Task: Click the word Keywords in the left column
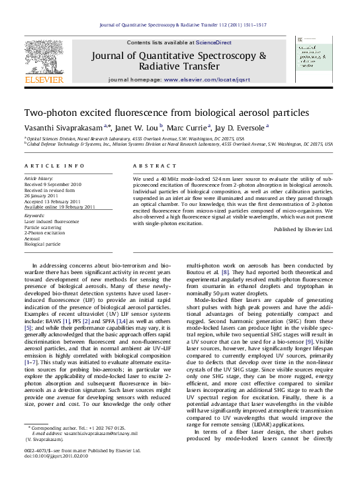[34, 216]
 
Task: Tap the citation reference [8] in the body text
[225, 271]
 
